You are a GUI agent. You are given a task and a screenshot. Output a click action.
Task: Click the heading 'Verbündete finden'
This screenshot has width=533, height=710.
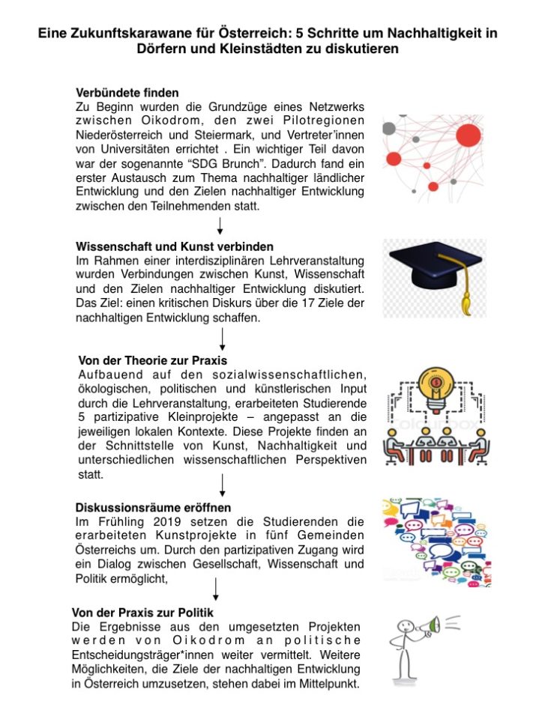127,93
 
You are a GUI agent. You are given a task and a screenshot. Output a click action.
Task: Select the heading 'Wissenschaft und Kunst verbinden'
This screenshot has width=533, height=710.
175,246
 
